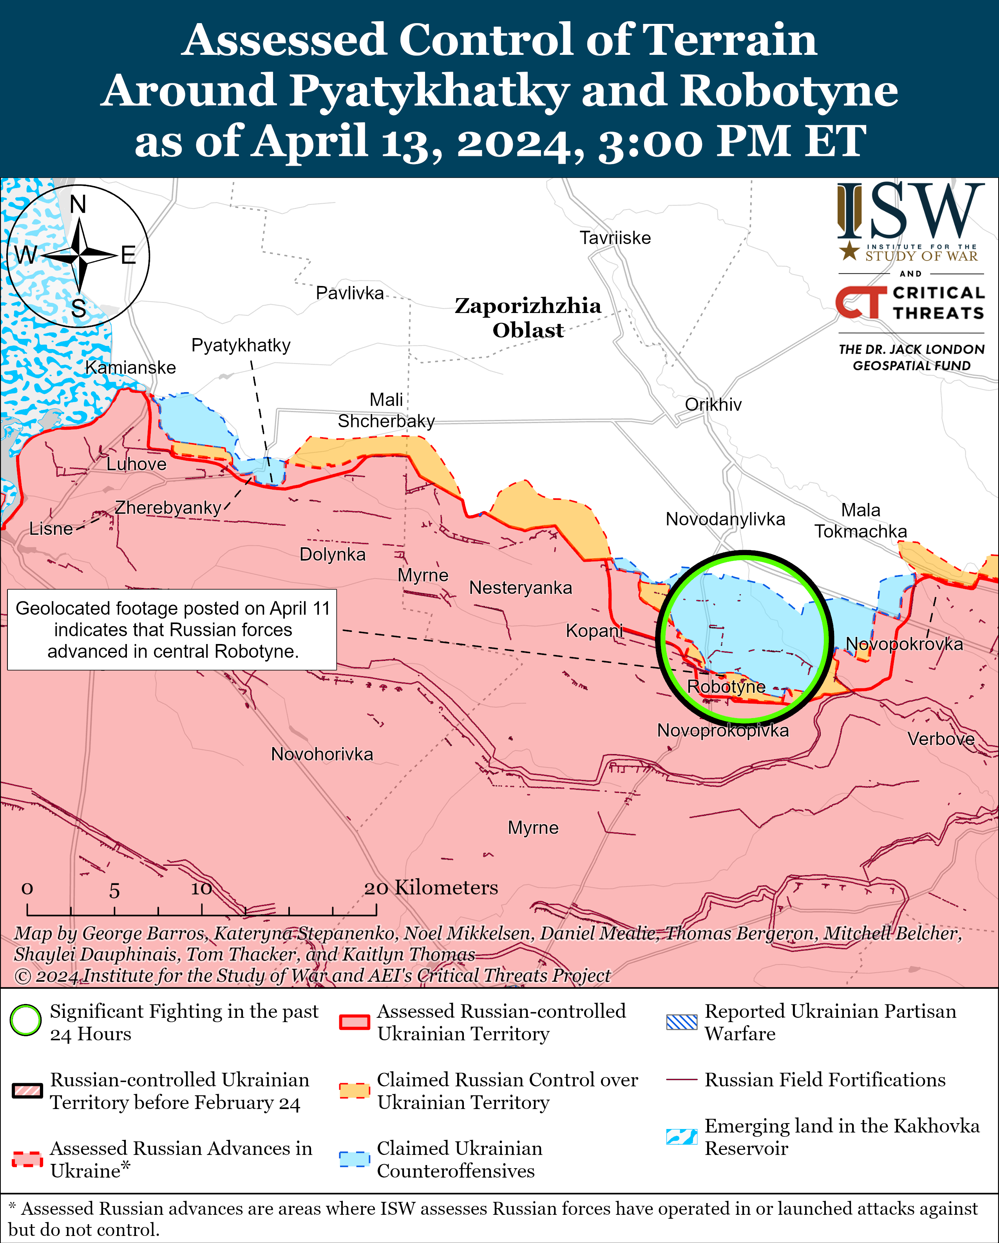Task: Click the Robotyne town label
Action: (726, 687)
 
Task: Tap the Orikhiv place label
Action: (713, 405)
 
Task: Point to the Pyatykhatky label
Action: (241, 346)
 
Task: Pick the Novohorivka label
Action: (322, 754)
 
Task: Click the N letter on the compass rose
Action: (78, 204)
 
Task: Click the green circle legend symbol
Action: (25, 1020)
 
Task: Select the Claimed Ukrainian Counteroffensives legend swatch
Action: (354, 1159)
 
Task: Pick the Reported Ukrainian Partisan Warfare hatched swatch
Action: (681, 1022)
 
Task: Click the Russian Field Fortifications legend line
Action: (681, 1079)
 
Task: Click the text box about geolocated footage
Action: (172, 630)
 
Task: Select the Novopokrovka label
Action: (903, 644)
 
